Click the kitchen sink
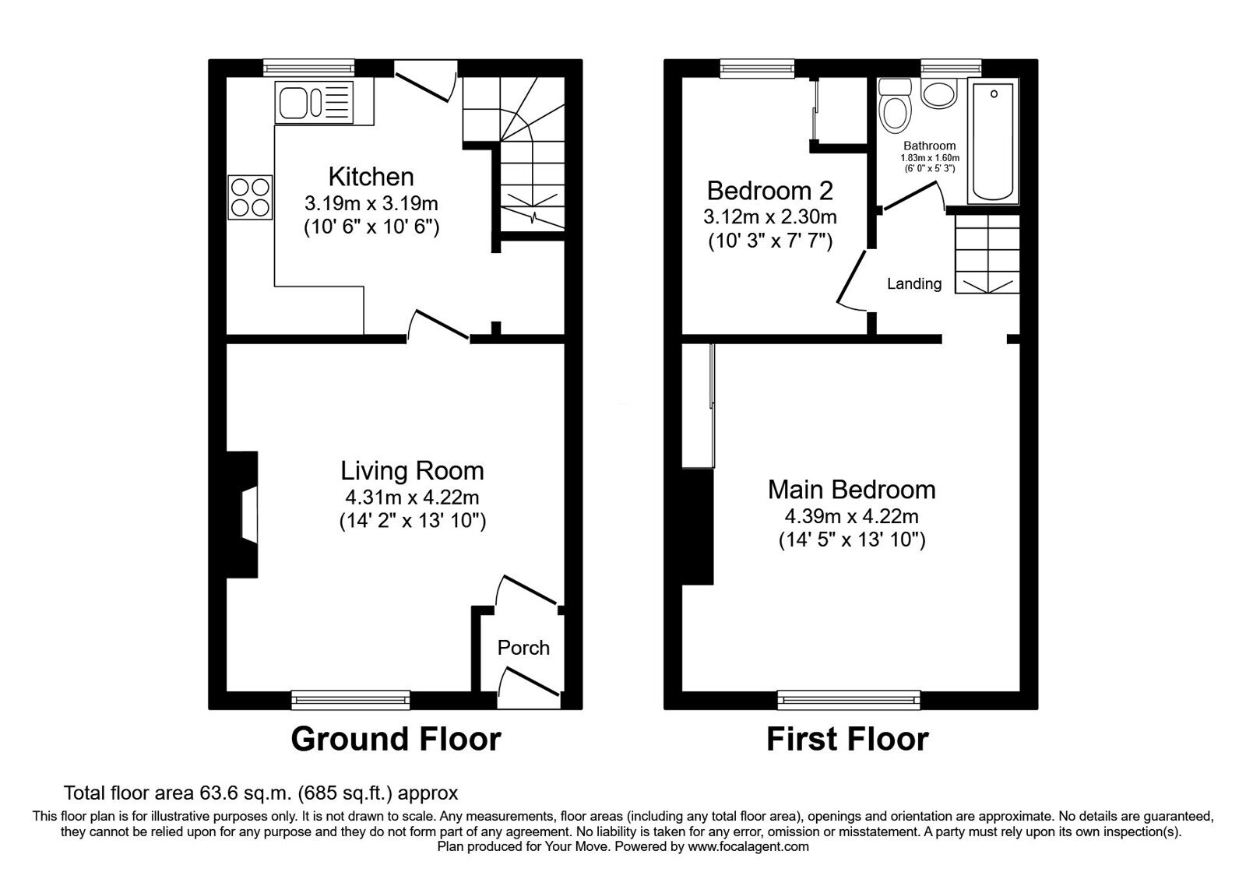click(315, 102)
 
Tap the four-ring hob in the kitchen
click(250, 197)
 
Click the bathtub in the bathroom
click(994, 141)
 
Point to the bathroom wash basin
click(938, 93)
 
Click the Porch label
click(523, 648)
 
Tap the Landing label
click(914, 283)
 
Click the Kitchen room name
click(371, 177)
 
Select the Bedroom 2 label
click(770, 191)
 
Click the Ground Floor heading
click(396, 739)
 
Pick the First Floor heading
click(848, 739)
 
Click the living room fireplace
click(243, 515)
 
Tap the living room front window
click(350, 700)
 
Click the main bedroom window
click(848, 700)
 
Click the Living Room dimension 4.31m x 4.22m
click(412, 497)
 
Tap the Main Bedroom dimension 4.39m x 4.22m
click(852, 516)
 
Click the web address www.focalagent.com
click(748, 846)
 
